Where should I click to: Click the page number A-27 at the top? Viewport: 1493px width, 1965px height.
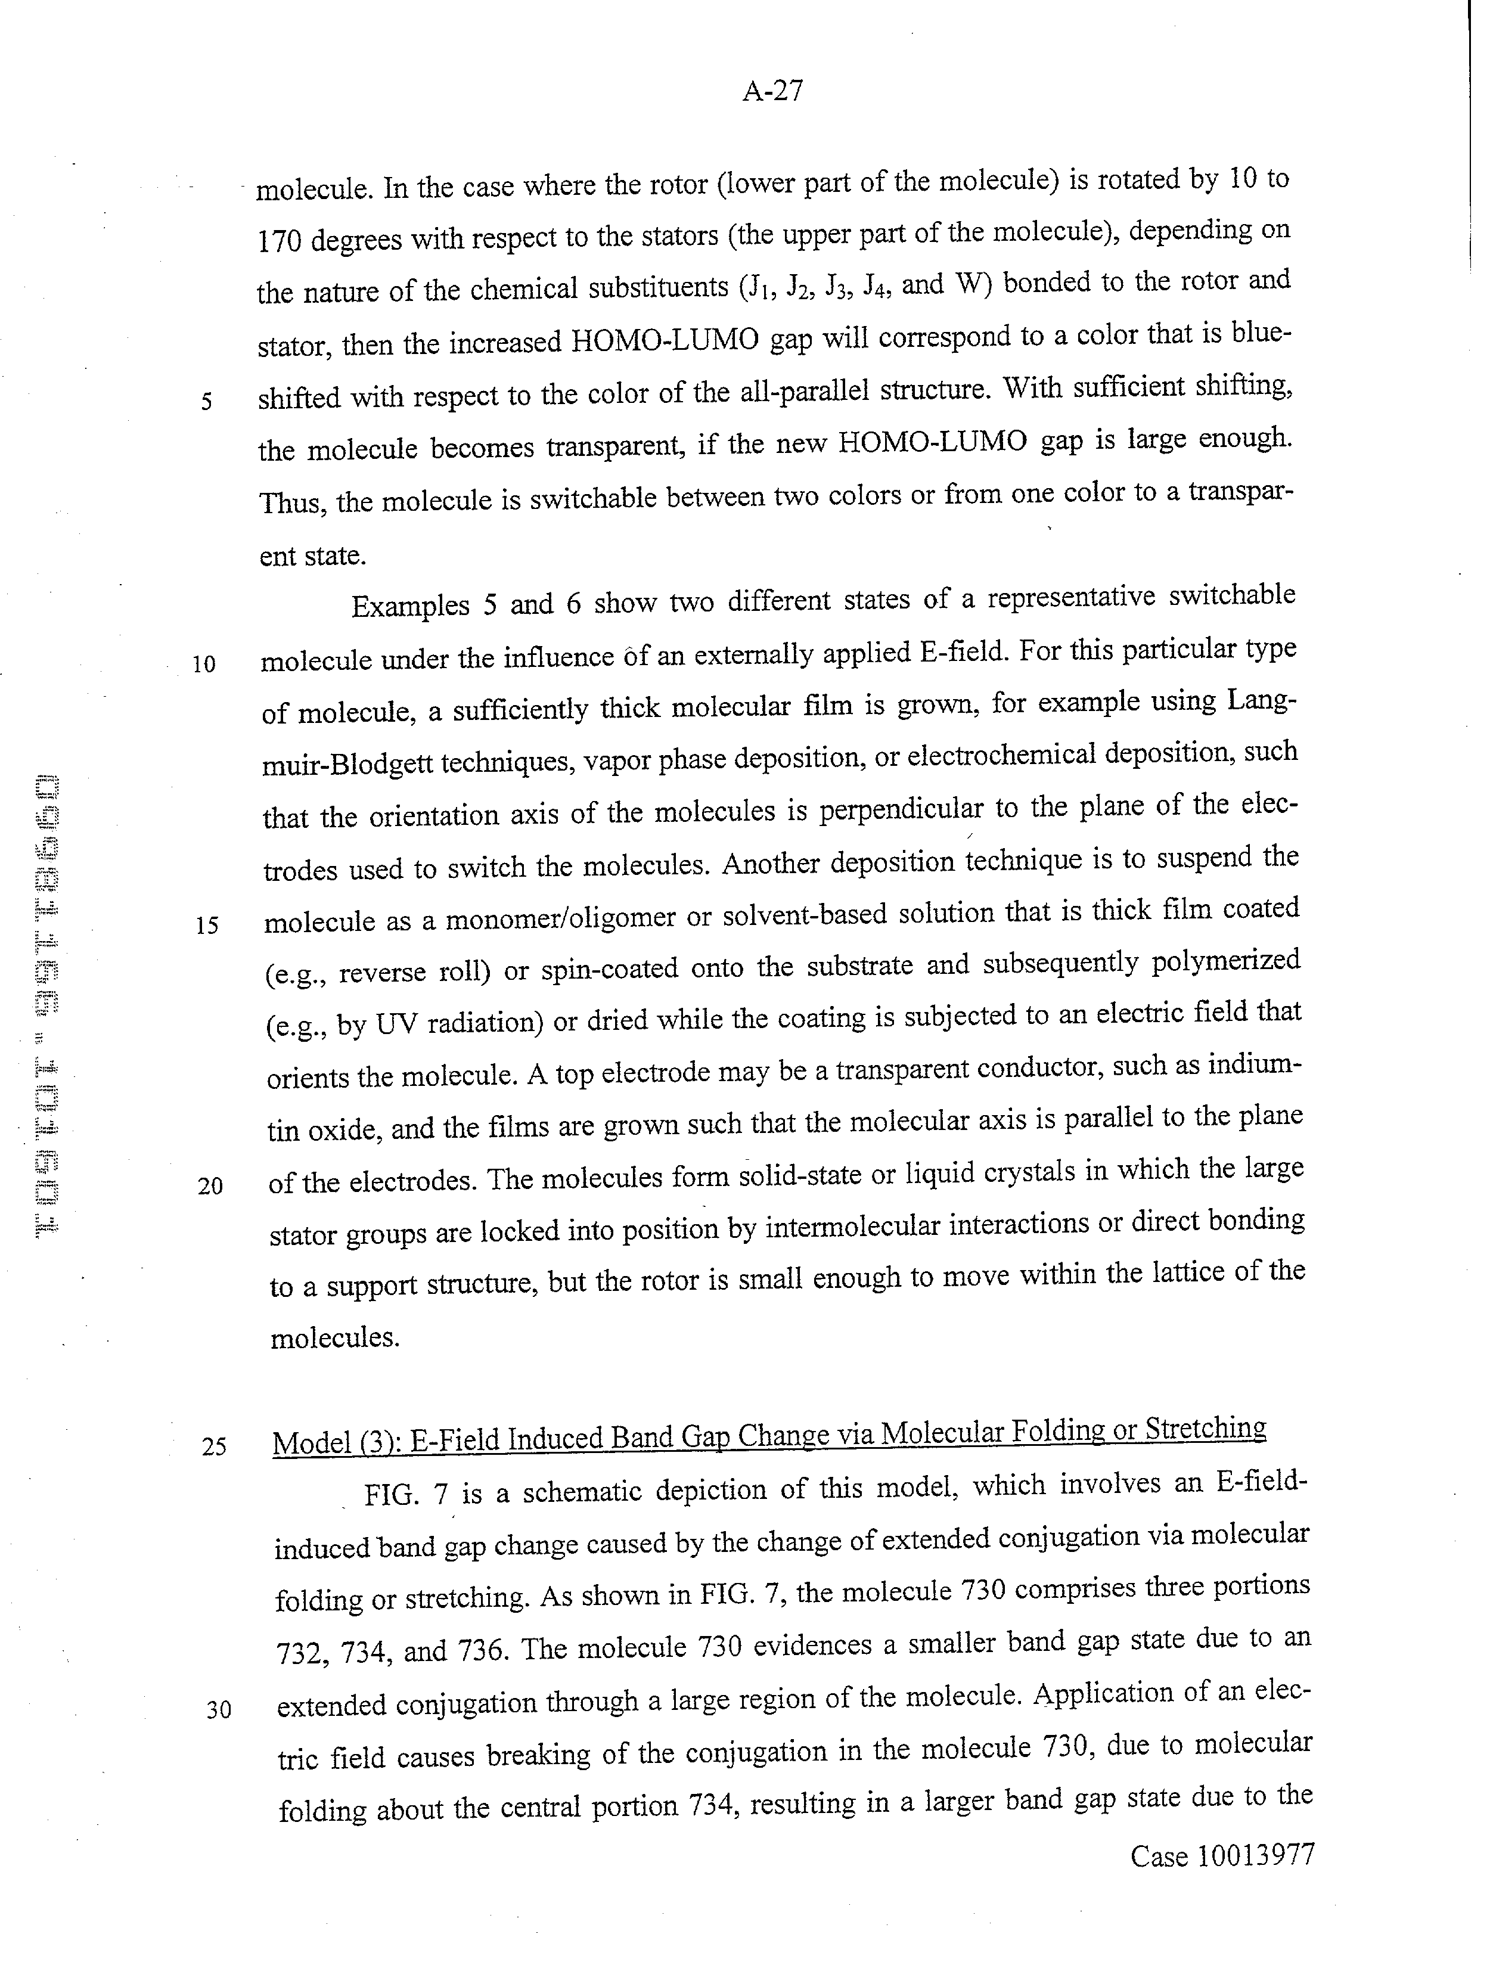(772, 92)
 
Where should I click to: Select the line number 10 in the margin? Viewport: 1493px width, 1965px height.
(203, 665)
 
